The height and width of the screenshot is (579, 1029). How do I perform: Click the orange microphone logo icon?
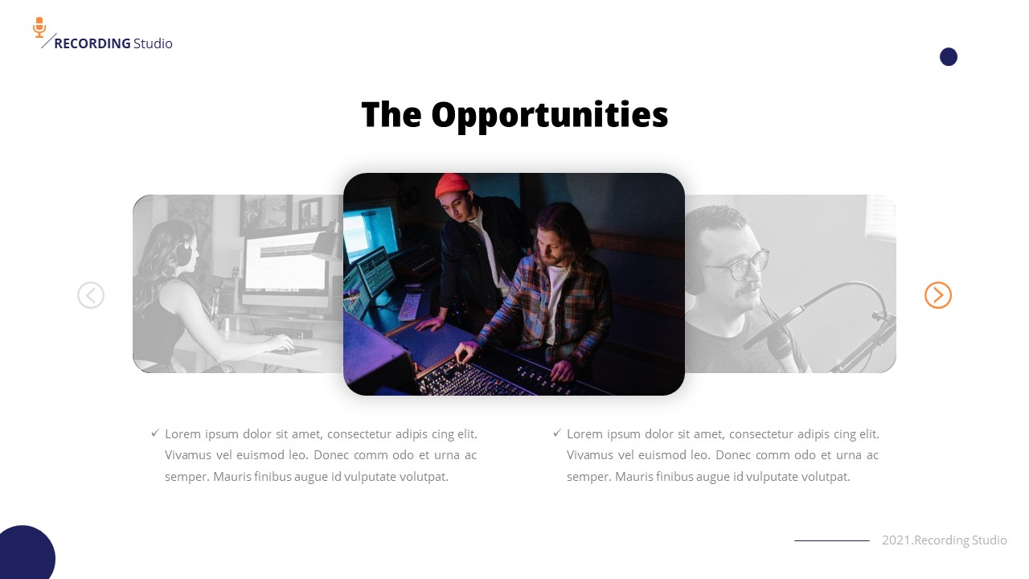pos(39,27)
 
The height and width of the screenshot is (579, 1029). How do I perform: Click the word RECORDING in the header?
pos(92,43)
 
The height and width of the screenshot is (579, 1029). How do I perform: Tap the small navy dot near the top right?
pos(949,56)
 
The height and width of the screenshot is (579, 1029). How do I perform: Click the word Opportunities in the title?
pos(549,115)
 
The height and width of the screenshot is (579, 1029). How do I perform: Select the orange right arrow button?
pos(938,295)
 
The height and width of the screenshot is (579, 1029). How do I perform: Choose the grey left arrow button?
pos(91,295)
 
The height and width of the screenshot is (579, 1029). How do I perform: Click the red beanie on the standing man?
pos(453,186)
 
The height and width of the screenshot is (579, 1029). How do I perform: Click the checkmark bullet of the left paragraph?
pos(155,433)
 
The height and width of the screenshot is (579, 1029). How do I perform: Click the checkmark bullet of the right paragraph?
pos(557,433)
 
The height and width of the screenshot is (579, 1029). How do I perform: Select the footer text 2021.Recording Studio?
pos(944,540)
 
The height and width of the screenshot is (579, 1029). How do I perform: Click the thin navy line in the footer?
pos(831,540)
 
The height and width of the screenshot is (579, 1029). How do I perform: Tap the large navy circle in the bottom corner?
pos(24,556)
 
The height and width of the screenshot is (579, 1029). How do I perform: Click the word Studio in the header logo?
pos(153,43)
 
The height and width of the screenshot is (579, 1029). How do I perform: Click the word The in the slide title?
pos(391,115)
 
